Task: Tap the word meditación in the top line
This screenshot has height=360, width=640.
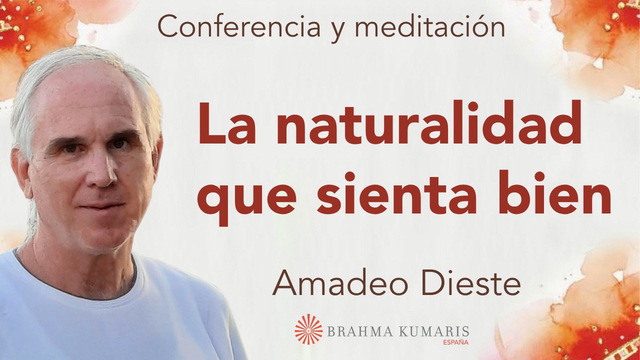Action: click(x=430, y=28)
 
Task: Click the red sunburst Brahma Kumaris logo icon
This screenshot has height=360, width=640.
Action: click(x=308, y=328)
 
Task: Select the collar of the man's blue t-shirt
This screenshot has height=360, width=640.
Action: click(x=75, y=290)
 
